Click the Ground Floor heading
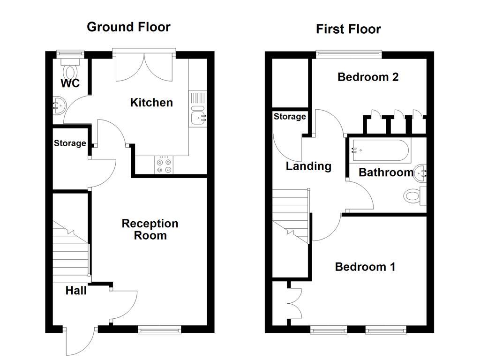click(128, 27)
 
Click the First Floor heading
click(348, 29)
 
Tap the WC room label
click(70, 84)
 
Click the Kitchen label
click(151, 102)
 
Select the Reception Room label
click(150, 229)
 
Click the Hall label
click(76, 291)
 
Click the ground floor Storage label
click(69, 143)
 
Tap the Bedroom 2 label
click(368, 77)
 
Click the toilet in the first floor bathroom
click(413, 195)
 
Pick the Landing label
click(308, 166)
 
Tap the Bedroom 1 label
click(365, 267)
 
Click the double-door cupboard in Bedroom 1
click(295, 303)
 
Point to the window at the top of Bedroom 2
click(349, 54)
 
